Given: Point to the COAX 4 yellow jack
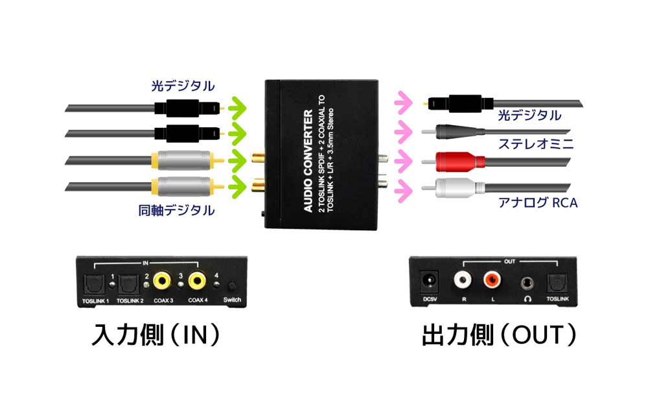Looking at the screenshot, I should pyautogui.click(x=198, y=281).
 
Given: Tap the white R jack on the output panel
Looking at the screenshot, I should pyautogui.click(x=464, y=281).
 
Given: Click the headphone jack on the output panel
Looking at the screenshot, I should pyautogui.click(x=525, y=283).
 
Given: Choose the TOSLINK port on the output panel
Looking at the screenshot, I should pyautogui.click(x=557, y=283).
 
